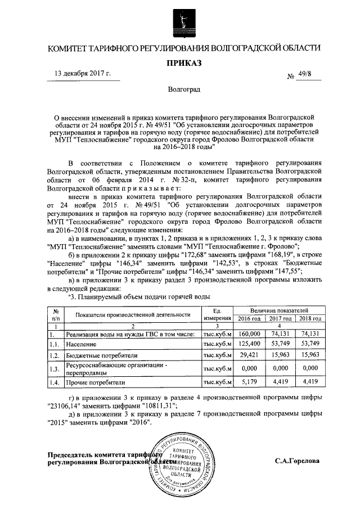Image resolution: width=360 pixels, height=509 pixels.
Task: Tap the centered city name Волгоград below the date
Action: pos(180,90)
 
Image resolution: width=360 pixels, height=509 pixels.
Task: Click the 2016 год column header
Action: pos(249,318)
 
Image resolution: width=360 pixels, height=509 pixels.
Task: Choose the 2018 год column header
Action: pos(309,318)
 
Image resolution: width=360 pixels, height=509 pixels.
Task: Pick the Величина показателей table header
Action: pos(279,310)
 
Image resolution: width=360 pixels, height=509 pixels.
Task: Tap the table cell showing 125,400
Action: pos(249,343)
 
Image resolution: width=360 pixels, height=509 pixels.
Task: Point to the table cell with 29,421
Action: pos(249,355)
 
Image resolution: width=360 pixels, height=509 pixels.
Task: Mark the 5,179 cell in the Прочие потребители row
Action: pos(249,382)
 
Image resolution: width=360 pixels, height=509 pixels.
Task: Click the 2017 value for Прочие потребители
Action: pos(279,382)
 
